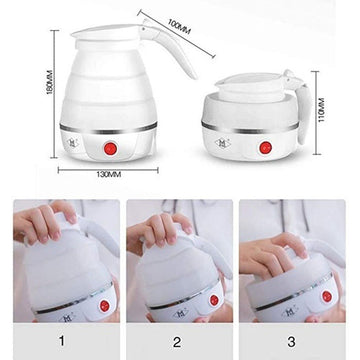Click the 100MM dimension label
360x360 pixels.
[179, 27]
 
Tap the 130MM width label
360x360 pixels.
[109, 174]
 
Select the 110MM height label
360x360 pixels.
[321, 110]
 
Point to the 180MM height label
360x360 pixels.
[50, 82]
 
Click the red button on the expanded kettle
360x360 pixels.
[109, 148]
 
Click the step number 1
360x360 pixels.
[61, 341]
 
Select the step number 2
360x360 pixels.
[177, 341]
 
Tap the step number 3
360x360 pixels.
[291, 341]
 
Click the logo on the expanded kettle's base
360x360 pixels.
[73, 143]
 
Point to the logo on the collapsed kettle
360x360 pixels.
[221, 143]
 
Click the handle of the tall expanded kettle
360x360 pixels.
[173, 47]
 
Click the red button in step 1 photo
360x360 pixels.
[104, 306]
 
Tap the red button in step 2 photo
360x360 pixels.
[214, 300]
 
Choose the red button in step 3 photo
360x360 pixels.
[327, 296]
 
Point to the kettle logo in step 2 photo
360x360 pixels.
[180, 314]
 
